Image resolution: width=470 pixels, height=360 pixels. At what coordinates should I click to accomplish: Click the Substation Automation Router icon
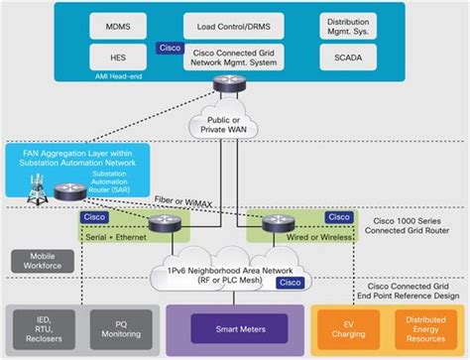[x=69, y=190]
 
